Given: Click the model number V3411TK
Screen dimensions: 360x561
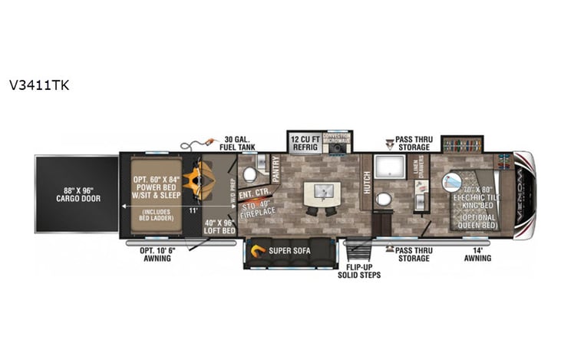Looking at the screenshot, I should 39,85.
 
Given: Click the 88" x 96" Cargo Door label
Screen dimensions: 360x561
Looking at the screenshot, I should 76,193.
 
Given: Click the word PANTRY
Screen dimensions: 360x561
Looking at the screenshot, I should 276,169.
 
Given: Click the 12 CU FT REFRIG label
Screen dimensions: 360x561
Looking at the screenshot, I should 305,142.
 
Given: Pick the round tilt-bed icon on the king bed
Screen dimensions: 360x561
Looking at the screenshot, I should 451,183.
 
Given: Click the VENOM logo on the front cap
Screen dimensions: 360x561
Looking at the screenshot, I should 523,195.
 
